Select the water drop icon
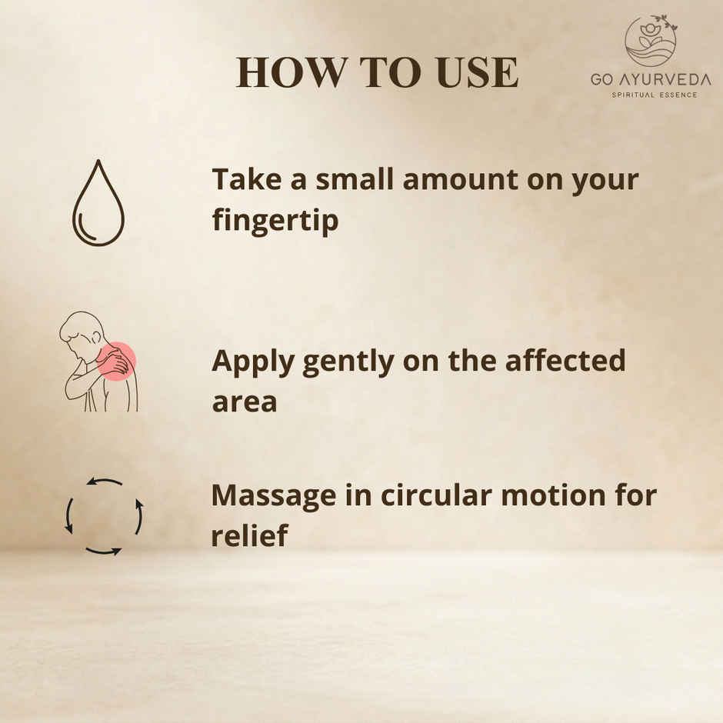[98, 202]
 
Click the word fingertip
[275, 221]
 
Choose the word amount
[460, 180]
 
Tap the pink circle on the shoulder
[117, 361]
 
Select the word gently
[348, 363]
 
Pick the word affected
[565, 360]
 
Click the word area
[245, 402]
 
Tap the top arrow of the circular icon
[104, 482]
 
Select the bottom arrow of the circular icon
[104, 551]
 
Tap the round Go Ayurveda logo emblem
[651, 41]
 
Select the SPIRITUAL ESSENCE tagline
[655, 95]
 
